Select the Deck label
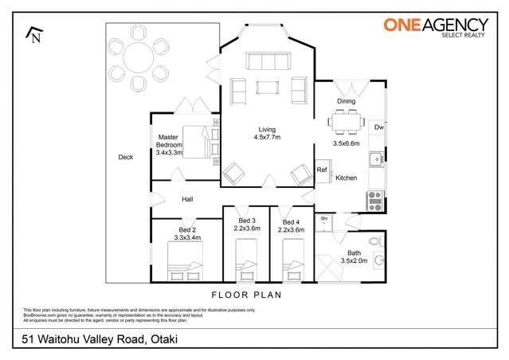tap(125, 157)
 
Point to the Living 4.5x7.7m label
tap(267, 133)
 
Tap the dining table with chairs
tap(347, 121)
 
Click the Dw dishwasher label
tap(378, 127)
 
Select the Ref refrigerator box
tap(322, 170)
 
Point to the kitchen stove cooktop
tap(375, 199)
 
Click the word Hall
tap(187, 199)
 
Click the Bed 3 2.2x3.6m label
tap(247, 225)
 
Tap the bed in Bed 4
tap(295, 264)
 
